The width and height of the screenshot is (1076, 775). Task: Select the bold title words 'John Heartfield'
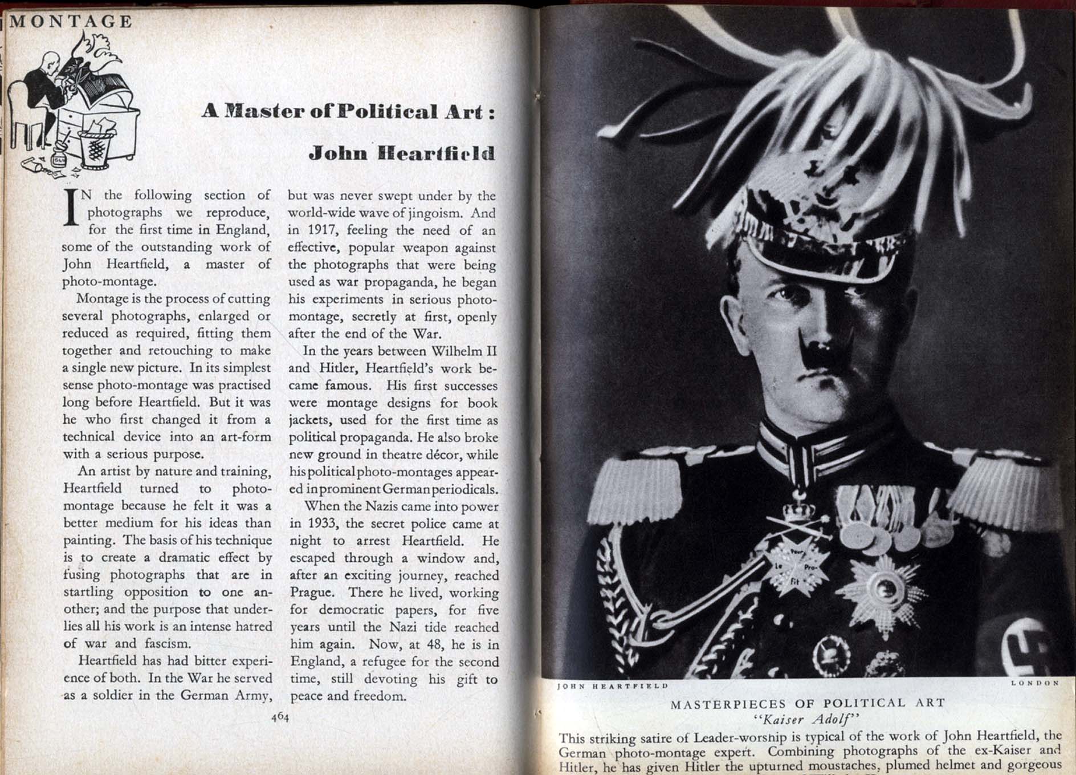tap(402, 153)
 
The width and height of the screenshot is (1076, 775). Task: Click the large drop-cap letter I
tap(71, 213)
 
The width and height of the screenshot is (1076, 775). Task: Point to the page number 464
tap(280, 717)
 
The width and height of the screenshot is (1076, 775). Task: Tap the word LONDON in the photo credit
tap(1034, 683)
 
